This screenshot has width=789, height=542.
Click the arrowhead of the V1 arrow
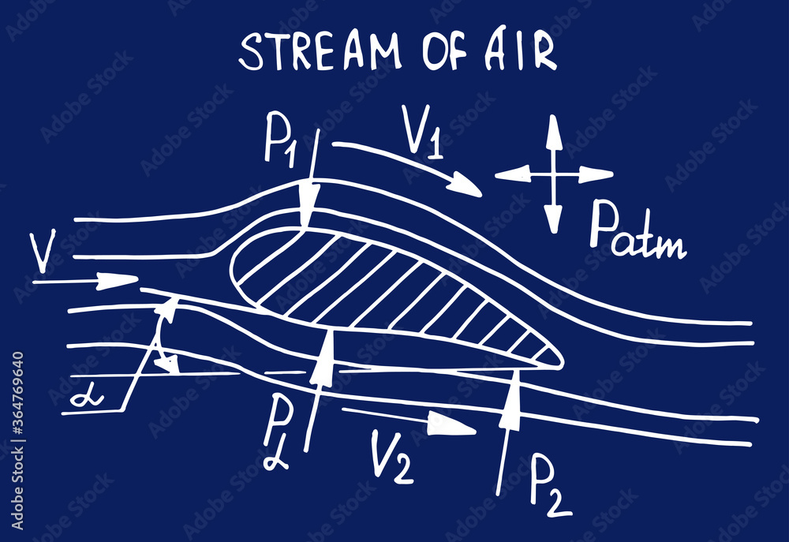coord(466,189)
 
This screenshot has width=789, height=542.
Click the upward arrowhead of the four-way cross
coord(553,130)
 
